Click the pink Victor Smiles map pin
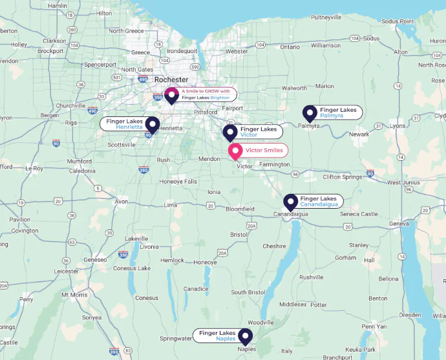(235, 151)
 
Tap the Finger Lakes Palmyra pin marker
(310, 114)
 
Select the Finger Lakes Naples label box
(216, 335)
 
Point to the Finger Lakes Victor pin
(230, 132)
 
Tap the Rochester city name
(171, 79)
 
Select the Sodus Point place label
(398, 21)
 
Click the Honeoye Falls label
(178, 181)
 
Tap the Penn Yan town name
(374, 326)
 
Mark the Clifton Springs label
(342, 176)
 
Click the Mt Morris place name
(74, 294)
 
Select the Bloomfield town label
(240, 209)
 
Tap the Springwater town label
(176, 338)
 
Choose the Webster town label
(237, 51)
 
